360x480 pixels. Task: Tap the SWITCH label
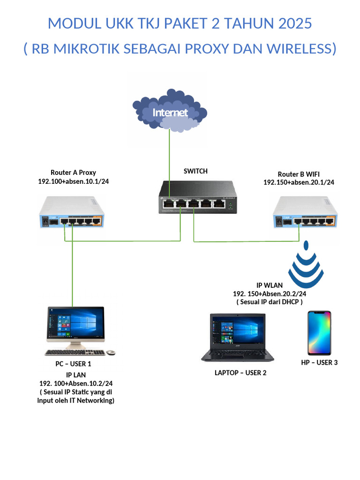coord(195,171)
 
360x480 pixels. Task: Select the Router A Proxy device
coord(72,212)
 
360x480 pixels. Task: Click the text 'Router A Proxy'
coord(73,172)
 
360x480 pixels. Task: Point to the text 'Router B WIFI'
coord(299,174)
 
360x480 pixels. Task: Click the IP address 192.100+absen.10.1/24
coord(73,181)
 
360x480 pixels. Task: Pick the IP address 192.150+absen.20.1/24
coord(299,182)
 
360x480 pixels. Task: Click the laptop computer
coord(238,337)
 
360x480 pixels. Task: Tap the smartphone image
coord(319,333)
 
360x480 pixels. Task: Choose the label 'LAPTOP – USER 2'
coord(240,373)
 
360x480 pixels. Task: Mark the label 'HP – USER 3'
coord(319,362)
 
